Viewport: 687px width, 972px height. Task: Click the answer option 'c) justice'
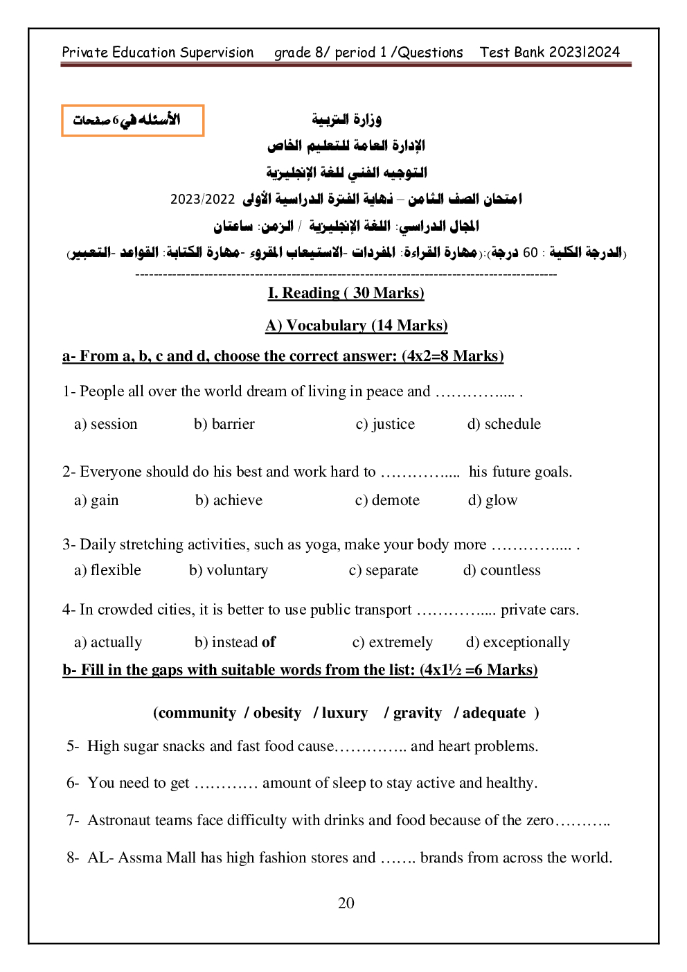point(385,424)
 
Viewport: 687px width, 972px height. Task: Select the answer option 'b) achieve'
point(229,500)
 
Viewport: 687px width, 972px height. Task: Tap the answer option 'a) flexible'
point(107,570)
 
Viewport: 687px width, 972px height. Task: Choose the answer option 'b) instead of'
point(235,642)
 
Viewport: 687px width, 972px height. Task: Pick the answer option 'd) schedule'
point(503,424)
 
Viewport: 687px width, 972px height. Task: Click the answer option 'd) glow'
point(492,500)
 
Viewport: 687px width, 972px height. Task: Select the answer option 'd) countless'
point(501,570)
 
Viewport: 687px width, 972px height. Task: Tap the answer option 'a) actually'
point(108,642)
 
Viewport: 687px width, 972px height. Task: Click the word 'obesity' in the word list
point(277,713)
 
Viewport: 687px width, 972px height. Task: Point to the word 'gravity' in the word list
point(417,713)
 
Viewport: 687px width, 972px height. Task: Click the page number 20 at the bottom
point(346,903)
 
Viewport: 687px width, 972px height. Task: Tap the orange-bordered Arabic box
point(132,121)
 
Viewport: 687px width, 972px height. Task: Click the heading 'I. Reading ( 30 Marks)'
point(346,292)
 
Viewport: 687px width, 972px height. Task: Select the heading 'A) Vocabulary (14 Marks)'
point(356,325)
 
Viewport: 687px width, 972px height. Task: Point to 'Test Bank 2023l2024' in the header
point(550,52)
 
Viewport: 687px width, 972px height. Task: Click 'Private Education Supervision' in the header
point(158,52)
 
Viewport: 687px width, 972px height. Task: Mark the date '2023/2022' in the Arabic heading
point(203,200)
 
